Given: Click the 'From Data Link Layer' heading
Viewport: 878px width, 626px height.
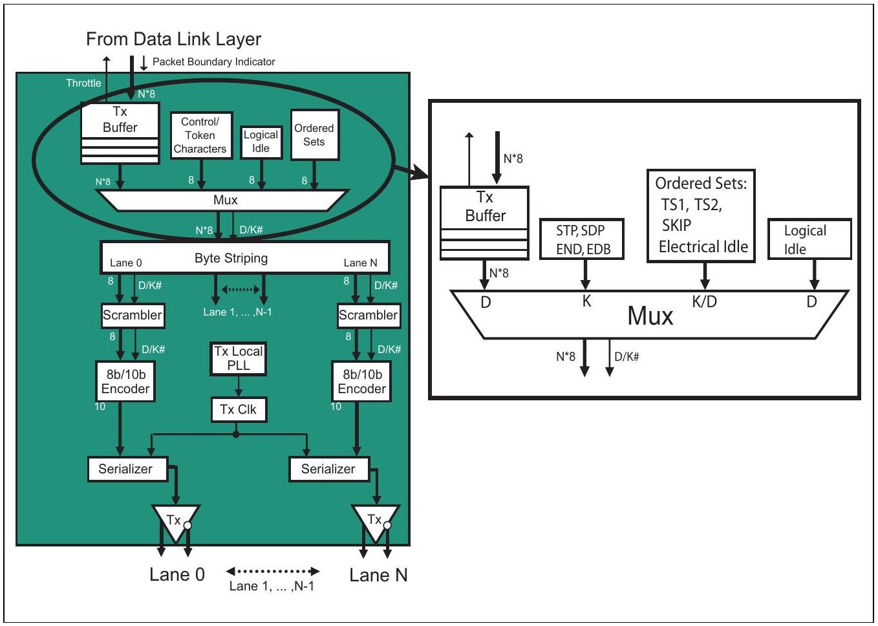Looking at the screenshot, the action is click(173, 39).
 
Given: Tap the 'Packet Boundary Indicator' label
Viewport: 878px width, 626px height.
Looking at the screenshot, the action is click(213, 61).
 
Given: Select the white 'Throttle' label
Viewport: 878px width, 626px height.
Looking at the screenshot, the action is click(83, 83).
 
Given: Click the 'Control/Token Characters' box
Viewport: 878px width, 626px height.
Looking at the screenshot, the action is click(202, 135).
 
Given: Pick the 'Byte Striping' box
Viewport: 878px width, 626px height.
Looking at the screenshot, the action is click(245, 257).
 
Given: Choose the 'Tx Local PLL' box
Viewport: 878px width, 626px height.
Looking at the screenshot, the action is click(239, 359).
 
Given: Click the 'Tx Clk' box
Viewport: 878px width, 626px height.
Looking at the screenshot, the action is click(239, 409).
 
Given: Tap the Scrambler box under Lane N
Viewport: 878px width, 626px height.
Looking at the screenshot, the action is click(369, 315).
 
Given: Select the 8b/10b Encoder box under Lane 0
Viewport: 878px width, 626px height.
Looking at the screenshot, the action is click(125, 381).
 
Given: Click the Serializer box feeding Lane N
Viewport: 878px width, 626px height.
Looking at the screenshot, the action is click(329, 469).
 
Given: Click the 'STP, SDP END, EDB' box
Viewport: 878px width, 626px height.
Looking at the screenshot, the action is click(582, 239).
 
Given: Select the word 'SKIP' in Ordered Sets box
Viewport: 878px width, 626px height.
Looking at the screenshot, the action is click(676, 226).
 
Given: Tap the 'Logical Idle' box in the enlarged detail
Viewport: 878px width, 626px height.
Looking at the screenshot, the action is click(810, 239).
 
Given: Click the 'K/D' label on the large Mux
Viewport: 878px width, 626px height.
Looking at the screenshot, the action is click(704, 301).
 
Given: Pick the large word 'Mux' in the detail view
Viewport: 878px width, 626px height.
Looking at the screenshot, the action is click(650, 316).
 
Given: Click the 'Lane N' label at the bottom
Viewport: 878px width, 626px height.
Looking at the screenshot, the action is click(378, 575).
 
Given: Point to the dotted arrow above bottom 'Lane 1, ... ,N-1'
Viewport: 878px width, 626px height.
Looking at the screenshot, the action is click(273, 571).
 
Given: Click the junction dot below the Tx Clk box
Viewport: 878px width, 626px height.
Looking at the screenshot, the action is click(235, 435).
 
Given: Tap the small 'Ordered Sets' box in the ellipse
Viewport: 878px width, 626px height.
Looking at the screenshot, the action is click(315, 135).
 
